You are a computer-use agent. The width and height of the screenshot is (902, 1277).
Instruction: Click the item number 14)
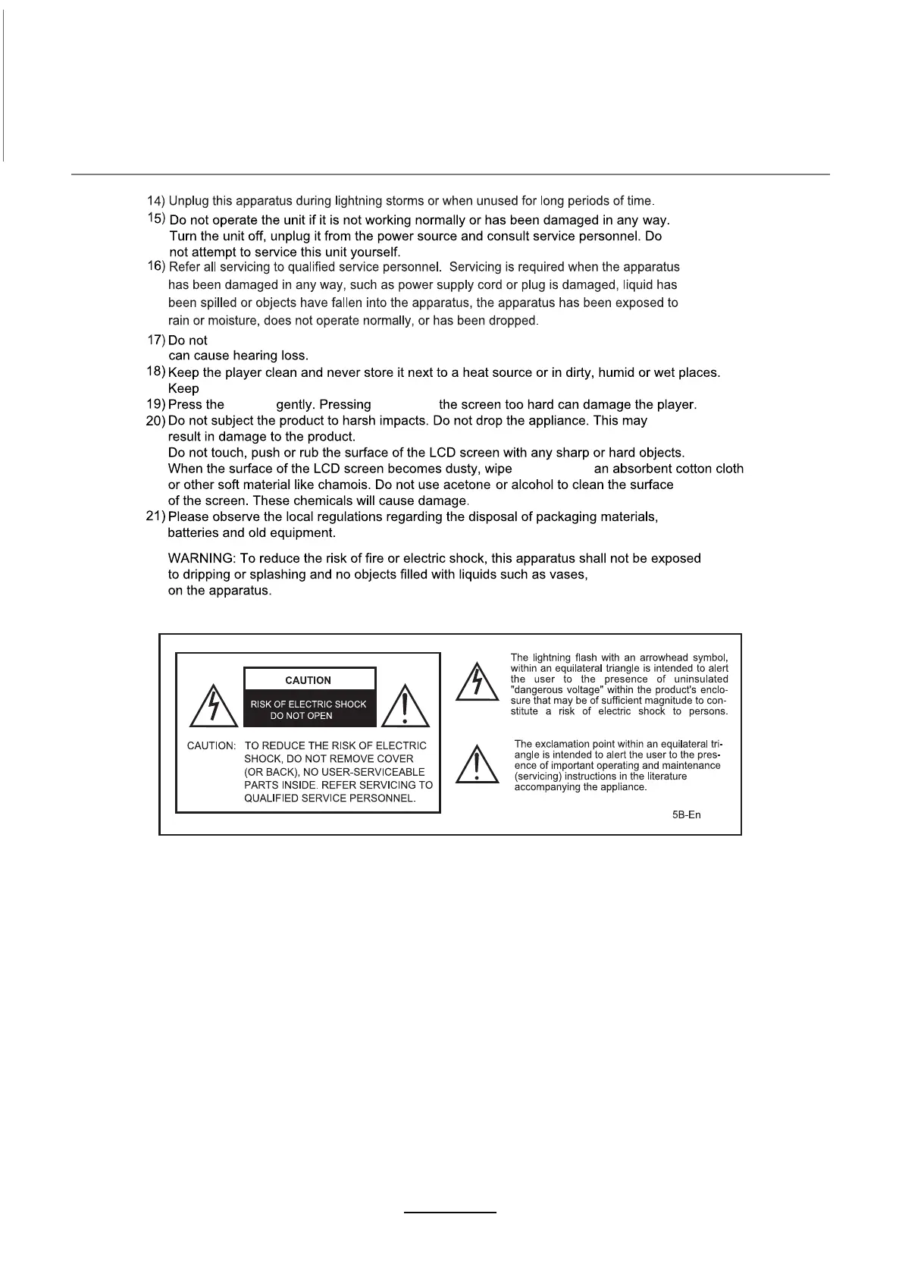(155, 201)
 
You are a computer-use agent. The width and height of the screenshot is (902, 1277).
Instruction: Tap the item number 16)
(155, 266)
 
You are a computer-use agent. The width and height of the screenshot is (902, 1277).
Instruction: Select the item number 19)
(155, 404)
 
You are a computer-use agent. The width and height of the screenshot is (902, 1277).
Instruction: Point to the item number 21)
(155, 516)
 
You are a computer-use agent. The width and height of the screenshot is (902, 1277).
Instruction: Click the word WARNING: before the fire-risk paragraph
(201, 558)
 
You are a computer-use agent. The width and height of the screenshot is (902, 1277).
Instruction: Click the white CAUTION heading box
(308, 679)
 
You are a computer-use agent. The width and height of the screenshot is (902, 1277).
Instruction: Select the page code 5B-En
(686, 815)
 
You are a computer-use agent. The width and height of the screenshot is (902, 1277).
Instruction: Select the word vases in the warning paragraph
(570, 574)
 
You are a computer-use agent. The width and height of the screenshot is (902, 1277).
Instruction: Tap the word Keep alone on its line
(183, 388)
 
